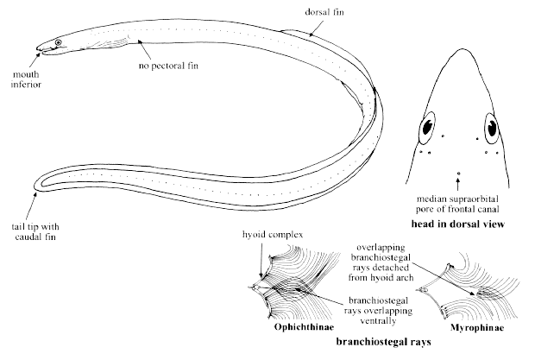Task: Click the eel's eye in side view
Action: coord(59,42)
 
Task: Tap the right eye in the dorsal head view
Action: coord(490,129)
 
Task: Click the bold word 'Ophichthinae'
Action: coord(289,327)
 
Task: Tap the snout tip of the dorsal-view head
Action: coord(458,48)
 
